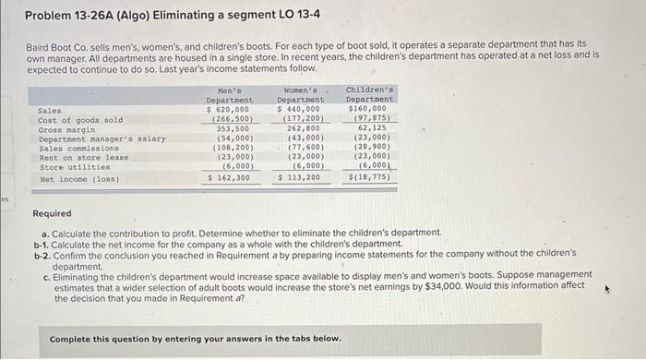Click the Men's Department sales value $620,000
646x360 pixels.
tap(229, 110)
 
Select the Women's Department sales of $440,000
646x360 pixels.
tap(300, 110)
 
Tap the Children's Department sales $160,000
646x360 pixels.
tap(370, 110)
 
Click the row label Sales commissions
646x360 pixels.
tap(78, 148)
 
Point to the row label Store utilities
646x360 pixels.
tap(71, 167)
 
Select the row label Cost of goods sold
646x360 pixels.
tap(80, 120)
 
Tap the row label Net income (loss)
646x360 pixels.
tap(78, 178)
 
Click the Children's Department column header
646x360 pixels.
tap(370, 95)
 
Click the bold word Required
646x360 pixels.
tap(52, 213)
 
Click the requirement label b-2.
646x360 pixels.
tap(41, 252)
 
